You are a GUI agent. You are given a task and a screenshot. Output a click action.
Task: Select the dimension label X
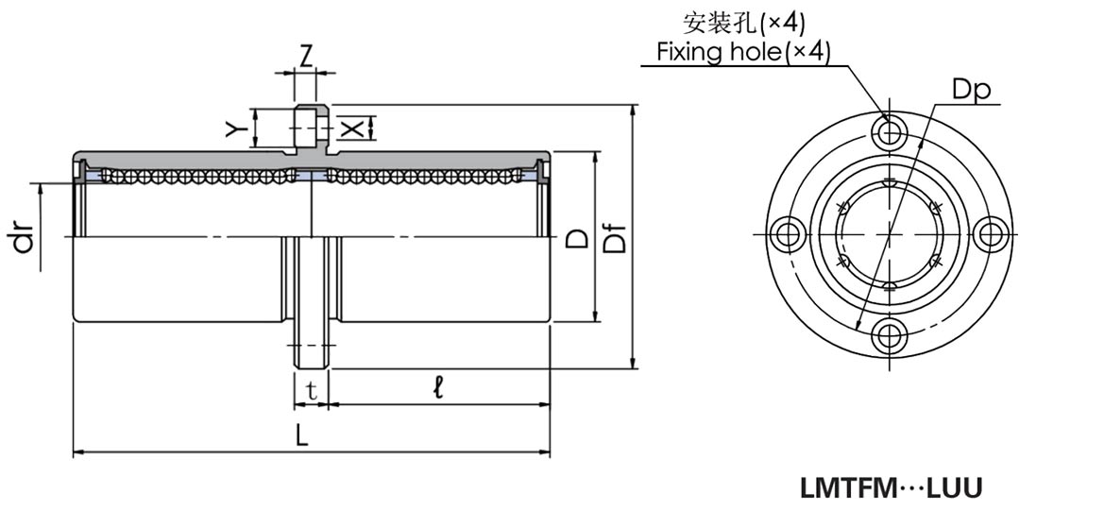click(350, 128)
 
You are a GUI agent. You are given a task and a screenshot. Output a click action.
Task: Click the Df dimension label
click(616, 240)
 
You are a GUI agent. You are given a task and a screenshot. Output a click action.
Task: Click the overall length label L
click(301, 435)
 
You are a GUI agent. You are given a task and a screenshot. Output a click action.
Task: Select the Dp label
click(970, 90)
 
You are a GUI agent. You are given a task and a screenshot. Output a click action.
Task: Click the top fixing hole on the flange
click(889, 131)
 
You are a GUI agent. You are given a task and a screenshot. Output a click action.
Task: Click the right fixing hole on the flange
click(990, 232)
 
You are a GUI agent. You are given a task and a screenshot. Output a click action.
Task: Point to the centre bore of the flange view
click(889, 232)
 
